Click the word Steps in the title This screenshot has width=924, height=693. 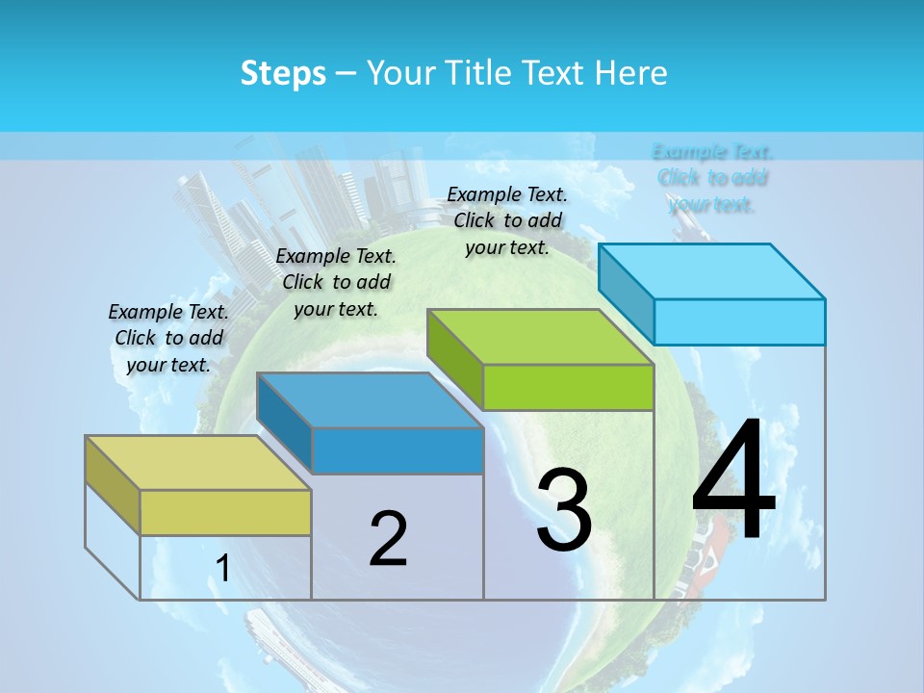click(283, 73)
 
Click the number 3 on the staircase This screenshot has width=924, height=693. click(564, 511)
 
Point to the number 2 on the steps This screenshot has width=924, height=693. click(388, 538)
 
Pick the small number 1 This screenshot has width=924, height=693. click(222, 569)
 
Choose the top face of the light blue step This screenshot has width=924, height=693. click(711, 271)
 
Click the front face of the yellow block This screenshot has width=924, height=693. click(225, 512)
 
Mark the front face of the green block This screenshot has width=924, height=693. click(568, 387)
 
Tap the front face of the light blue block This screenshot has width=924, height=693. click(739, 321)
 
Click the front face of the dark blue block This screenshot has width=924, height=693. click(397, 450)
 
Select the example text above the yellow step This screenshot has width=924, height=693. click(168, 338)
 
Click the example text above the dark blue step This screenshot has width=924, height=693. click(336, 282)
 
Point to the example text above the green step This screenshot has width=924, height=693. click(507, 220)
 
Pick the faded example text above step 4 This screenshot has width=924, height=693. click(712, 177)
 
